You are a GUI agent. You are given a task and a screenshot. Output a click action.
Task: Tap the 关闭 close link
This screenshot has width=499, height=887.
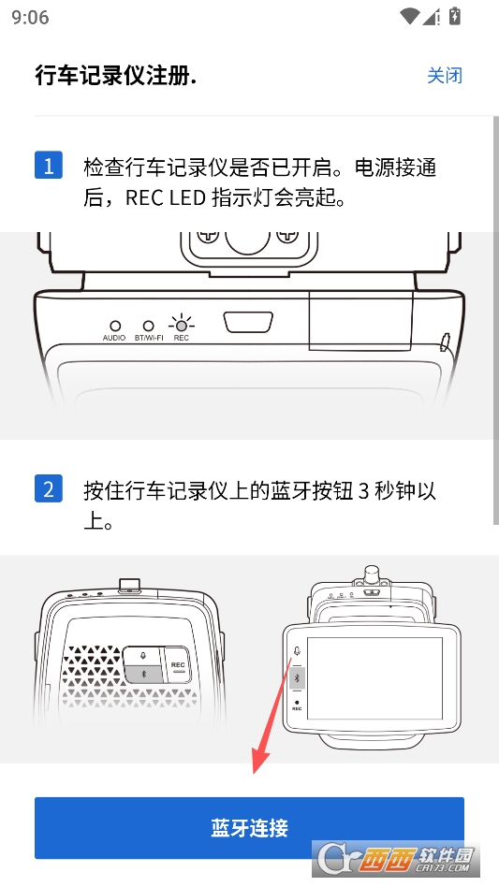click(445, 76)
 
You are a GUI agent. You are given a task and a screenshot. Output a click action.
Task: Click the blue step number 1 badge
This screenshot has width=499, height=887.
click(49, 166)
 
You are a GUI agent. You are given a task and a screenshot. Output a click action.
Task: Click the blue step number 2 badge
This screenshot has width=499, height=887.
click(49, 488)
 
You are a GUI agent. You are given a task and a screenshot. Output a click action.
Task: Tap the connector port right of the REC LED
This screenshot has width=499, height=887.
click(248, 322)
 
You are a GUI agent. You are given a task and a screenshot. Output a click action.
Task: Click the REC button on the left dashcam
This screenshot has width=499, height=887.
click(179, 667)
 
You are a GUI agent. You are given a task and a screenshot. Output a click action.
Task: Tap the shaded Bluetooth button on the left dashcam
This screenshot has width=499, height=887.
click(144, 675)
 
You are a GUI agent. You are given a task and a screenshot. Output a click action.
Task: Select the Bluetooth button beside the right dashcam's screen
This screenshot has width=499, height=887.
click(297, 676)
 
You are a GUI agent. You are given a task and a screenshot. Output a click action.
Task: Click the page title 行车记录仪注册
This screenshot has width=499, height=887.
click(115, 76)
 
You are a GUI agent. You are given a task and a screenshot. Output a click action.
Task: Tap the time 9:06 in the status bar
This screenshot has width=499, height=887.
click(30, 17)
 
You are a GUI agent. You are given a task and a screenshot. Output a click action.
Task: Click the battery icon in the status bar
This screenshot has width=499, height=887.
click(455, 16)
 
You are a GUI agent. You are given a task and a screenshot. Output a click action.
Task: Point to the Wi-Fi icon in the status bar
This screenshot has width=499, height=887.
click(408, 16)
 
